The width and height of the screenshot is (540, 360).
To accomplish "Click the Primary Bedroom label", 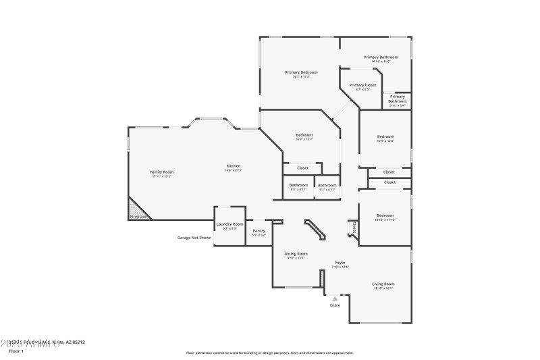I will coord(301,72).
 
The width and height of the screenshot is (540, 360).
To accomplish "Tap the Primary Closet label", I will coord(362,86).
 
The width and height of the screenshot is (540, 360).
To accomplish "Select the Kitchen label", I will coord(233,166).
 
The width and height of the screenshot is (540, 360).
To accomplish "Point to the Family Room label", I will coord(161,172).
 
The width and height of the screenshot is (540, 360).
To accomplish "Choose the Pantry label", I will coord(259,231).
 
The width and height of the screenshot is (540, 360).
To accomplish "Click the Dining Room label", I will coord(296,254).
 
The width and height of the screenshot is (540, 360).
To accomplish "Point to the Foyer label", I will coord(341,263).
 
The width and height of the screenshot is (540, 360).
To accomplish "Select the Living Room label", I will coord(383,284).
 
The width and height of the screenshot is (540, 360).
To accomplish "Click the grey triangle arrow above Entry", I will coord(335,298).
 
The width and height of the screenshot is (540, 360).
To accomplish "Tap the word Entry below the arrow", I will coord(335,305).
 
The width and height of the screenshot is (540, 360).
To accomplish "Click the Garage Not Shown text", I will coord(194,238).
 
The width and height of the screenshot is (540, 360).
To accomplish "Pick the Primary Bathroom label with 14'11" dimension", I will coord(381,57).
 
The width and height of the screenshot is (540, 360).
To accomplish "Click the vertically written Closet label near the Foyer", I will coord(354,228).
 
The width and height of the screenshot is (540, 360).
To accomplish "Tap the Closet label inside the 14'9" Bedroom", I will coord(302,168).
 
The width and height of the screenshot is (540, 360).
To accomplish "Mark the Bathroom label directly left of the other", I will coord(298,185).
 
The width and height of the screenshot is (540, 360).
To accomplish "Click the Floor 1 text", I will coord(16,351).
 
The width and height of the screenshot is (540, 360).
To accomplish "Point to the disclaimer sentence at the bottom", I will coord(269,353).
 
